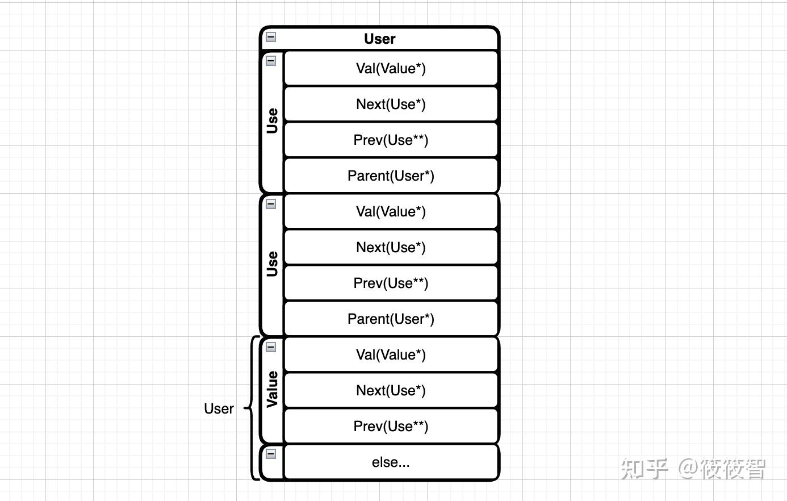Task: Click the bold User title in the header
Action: [379, 39]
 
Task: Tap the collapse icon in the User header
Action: [271, 37]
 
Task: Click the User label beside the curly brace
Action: [219, 408]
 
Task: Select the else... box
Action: [391, 462]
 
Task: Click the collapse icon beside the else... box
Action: [271, 454]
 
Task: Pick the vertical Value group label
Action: [272, 389]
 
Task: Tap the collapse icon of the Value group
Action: [271, 347]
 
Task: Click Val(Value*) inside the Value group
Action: [391, 354]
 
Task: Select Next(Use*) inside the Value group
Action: [391, 390]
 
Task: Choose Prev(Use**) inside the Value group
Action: [391, 426]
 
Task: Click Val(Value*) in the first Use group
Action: [391, 68]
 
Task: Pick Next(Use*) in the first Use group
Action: [391, 104]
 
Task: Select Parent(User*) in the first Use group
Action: [391, 176]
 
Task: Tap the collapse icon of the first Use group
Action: [271, 61]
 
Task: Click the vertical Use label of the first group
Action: [272, 120]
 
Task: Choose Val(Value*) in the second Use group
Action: [391, 211]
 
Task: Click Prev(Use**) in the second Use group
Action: [391, 283]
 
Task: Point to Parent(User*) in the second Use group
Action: [391, 319]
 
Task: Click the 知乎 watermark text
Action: [644, 469]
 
